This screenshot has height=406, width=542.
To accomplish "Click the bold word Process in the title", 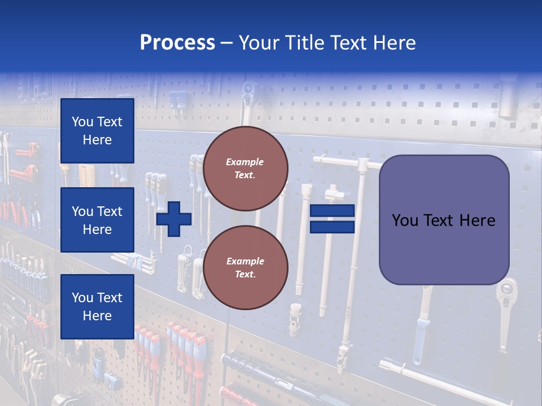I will [177, 43].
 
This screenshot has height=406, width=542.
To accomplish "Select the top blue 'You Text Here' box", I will [97, 131].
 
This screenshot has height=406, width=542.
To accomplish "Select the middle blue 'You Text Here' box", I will [97, 220].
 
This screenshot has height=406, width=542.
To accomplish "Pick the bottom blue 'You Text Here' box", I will [97, 306].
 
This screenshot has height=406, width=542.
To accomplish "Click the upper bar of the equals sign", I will [332, 210].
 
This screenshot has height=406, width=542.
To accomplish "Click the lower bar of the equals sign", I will [332, 227].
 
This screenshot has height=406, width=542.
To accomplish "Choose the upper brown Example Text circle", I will [245, 168].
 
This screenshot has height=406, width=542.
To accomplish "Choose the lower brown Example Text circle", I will [245, 267].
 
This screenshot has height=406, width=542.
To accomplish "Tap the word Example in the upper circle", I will [245, 162].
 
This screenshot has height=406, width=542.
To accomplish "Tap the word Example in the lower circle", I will [245, 261].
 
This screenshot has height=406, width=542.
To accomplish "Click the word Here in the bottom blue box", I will [97, 316].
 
